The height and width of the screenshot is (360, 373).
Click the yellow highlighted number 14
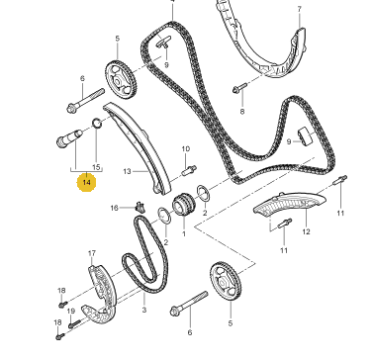click(86, 182)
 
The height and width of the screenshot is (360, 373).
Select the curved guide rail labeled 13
click(138, 148)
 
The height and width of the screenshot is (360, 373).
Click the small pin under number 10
click(189, 170)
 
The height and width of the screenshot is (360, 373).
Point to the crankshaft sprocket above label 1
click(184, 205)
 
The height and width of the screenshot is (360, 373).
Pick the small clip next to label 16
click(140, 208)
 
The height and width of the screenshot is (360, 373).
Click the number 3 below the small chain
click(144, 310)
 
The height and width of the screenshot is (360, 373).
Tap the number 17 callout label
click(92, 253)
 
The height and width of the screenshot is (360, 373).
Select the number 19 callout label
click(71, 311)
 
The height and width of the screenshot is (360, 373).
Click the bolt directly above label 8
click(239, 88)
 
